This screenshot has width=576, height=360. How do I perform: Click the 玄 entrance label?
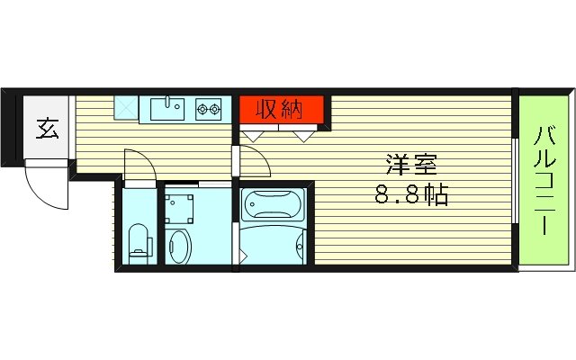click(47, 129)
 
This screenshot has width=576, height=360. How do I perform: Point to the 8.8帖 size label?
click(410, 193)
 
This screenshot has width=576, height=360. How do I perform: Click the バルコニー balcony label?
click(544, 181)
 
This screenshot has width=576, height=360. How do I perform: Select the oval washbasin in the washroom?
click(178, 245)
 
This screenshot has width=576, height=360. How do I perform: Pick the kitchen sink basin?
click(166, 109)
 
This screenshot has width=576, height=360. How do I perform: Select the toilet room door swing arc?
click(138, 165)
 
